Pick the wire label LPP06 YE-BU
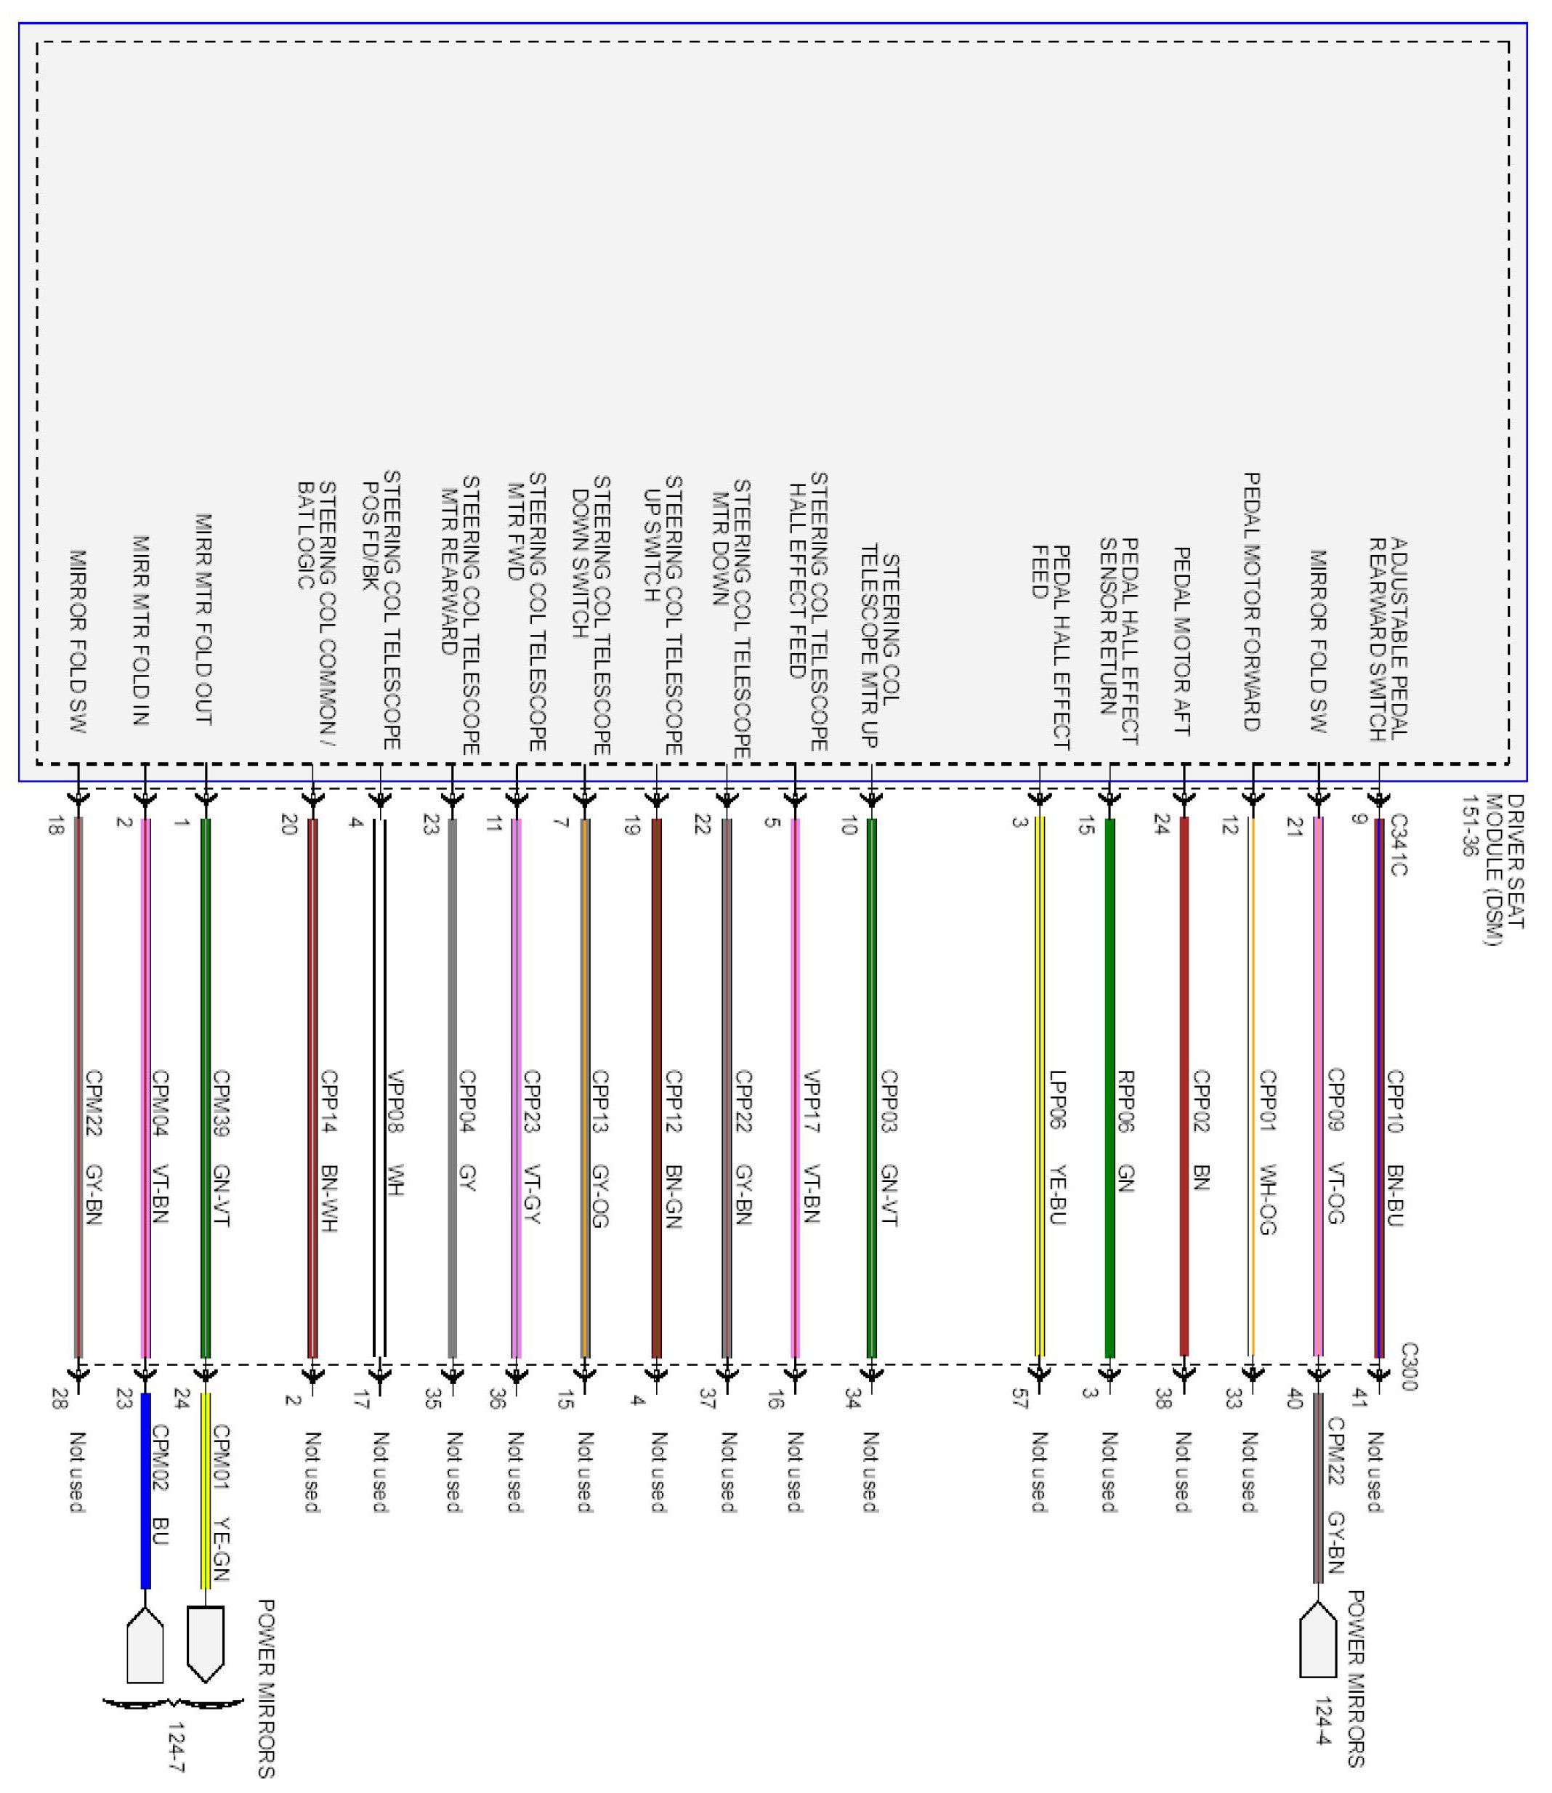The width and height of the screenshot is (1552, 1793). click(x=1057, y=1149)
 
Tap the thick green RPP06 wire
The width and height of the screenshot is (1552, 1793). click(x=1110, y=1082)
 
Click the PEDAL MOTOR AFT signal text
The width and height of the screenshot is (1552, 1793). click(x=1181, y=641)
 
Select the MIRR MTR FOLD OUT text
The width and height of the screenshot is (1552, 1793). click(x=203, y=619)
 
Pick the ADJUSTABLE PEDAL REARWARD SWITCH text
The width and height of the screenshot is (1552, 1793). click(x=1389, y=640)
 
